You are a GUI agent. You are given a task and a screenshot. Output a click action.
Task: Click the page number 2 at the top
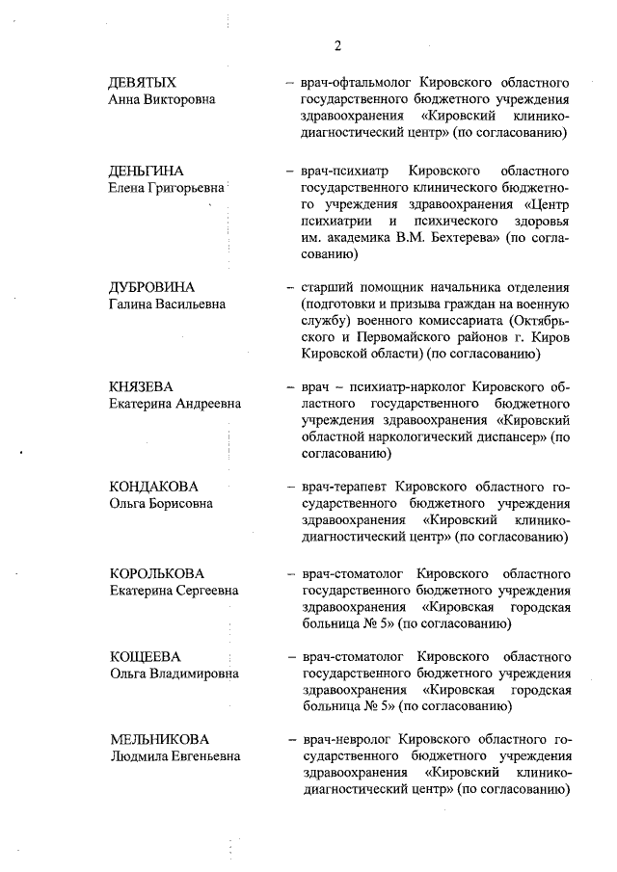tap(338, 45)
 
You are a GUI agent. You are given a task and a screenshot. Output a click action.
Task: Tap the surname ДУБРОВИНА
tap(152, 288)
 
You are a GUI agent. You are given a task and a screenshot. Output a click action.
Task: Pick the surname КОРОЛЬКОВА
tap(157, 573)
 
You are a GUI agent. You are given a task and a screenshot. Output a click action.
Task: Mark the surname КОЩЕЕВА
tap(146, 657)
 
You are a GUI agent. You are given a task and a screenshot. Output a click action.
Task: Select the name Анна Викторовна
tap(161, 99)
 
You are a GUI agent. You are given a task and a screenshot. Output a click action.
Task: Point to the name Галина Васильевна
tap(167, 304)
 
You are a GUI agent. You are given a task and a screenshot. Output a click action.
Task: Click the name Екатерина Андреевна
tap(174, 404)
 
